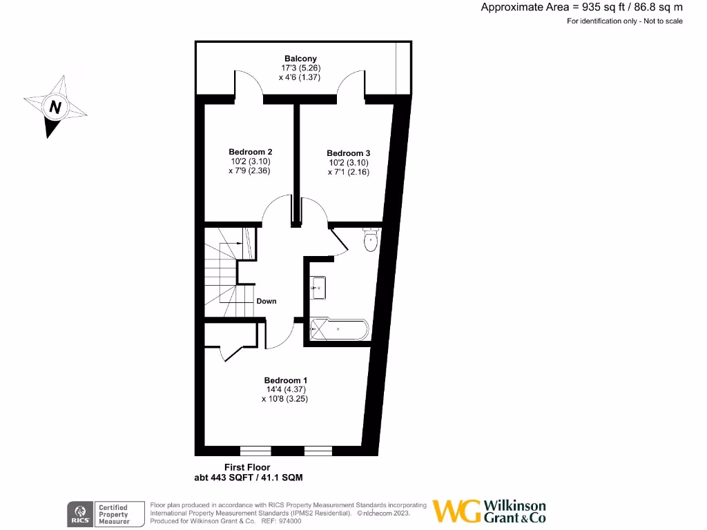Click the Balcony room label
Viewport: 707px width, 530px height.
pyautogui.click(x=300, y=59)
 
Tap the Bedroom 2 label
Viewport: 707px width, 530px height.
pyautogui.click(x=251, y=152)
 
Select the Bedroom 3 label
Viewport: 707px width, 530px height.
pyautogui.click(x=349, y=153)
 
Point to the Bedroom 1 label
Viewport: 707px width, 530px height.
pyautogui.click(x=286, y=380)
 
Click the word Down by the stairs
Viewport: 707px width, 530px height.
pyautogui.click(x=267, y=301)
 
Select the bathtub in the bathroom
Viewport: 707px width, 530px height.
pyautogui.click(x=339, y=329)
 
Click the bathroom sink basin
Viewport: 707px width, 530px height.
pyautogui.click(x=319, y=286)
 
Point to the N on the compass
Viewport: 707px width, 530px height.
pyautogui.click(x=55, y=108)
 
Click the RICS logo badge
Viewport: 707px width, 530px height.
pyautogui.click(x=79, y=513)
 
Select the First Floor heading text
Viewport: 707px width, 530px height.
pyautogui.click(x=247, y=467)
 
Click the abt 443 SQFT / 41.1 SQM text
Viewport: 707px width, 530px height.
pyautogui.click(x=249, y=478)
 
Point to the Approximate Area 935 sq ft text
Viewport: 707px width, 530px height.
pyautogui.click(x=581, y=8)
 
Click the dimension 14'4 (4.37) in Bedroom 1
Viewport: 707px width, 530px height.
pyautogui.click(x=286, y=389)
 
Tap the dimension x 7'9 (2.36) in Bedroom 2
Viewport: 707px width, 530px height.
pyautogui.click(x=249, y=170)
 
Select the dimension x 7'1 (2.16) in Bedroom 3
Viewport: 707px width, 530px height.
pyautogui.click(x=349, y=172)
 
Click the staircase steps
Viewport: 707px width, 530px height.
pyautogui.click(x=219, y=276)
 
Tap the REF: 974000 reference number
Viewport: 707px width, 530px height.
pyautogui.click(x=280, y=522)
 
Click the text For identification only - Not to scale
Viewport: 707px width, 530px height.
pyautogui.click(x=624, y=21)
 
